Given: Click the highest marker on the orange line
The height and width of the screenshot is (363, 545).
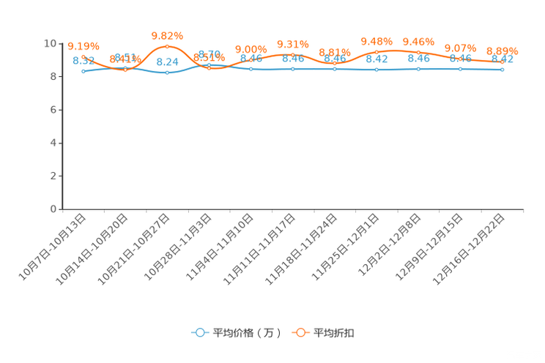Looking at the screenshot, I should point(168,46).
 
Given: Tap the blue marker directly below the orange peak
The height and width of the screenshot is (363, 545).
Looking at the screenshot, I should point(168,72).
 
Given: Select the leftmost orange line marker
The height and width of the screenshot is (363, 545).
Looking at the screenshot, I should point(84,57).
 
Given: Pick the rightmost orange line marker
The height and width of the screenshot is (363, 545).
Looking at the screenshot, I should point(502,62).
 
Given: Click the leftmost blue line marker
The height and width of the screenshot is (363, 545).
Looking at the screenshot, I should point(84,71).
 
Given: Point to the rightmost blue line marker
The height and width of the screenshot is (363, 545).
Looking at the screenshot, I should point(502,70).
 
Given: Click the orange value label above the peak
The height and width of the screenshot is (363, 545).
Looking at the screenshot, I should point(167,35).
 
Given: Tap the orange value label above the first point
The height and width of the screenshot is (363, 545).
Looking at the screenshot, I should point(83,46).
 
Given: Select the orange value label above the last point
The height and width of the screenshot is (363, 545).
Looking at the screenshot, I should point(503,51).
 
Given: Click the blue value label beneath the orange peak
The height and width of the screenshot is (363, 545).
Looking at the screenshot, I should point(168,61).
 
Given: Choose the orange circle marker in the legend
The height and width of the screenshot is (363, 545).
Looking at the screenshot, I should point(300,332).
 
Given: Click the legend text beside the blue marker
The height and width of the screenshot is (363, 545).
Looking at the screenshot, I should point(247,333).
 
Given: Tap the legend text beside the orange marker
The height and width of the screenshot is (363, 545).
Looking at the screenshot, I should point(335,333).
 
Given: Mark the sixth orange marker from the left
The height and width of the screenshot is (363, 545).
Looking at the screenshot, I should point(293,55).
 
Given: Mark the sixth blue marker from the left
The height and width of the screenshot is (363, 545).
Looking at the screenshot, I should point(293,69).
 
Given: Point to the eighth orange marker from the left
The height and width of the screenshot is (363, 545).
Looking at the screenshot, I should point(377,52).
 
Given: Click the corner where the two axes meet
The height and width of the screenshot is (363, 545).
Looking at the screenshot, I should point(62,209).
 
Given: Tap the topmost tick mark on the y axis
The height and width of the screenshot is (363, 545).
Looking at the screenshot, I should point(60,43).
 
